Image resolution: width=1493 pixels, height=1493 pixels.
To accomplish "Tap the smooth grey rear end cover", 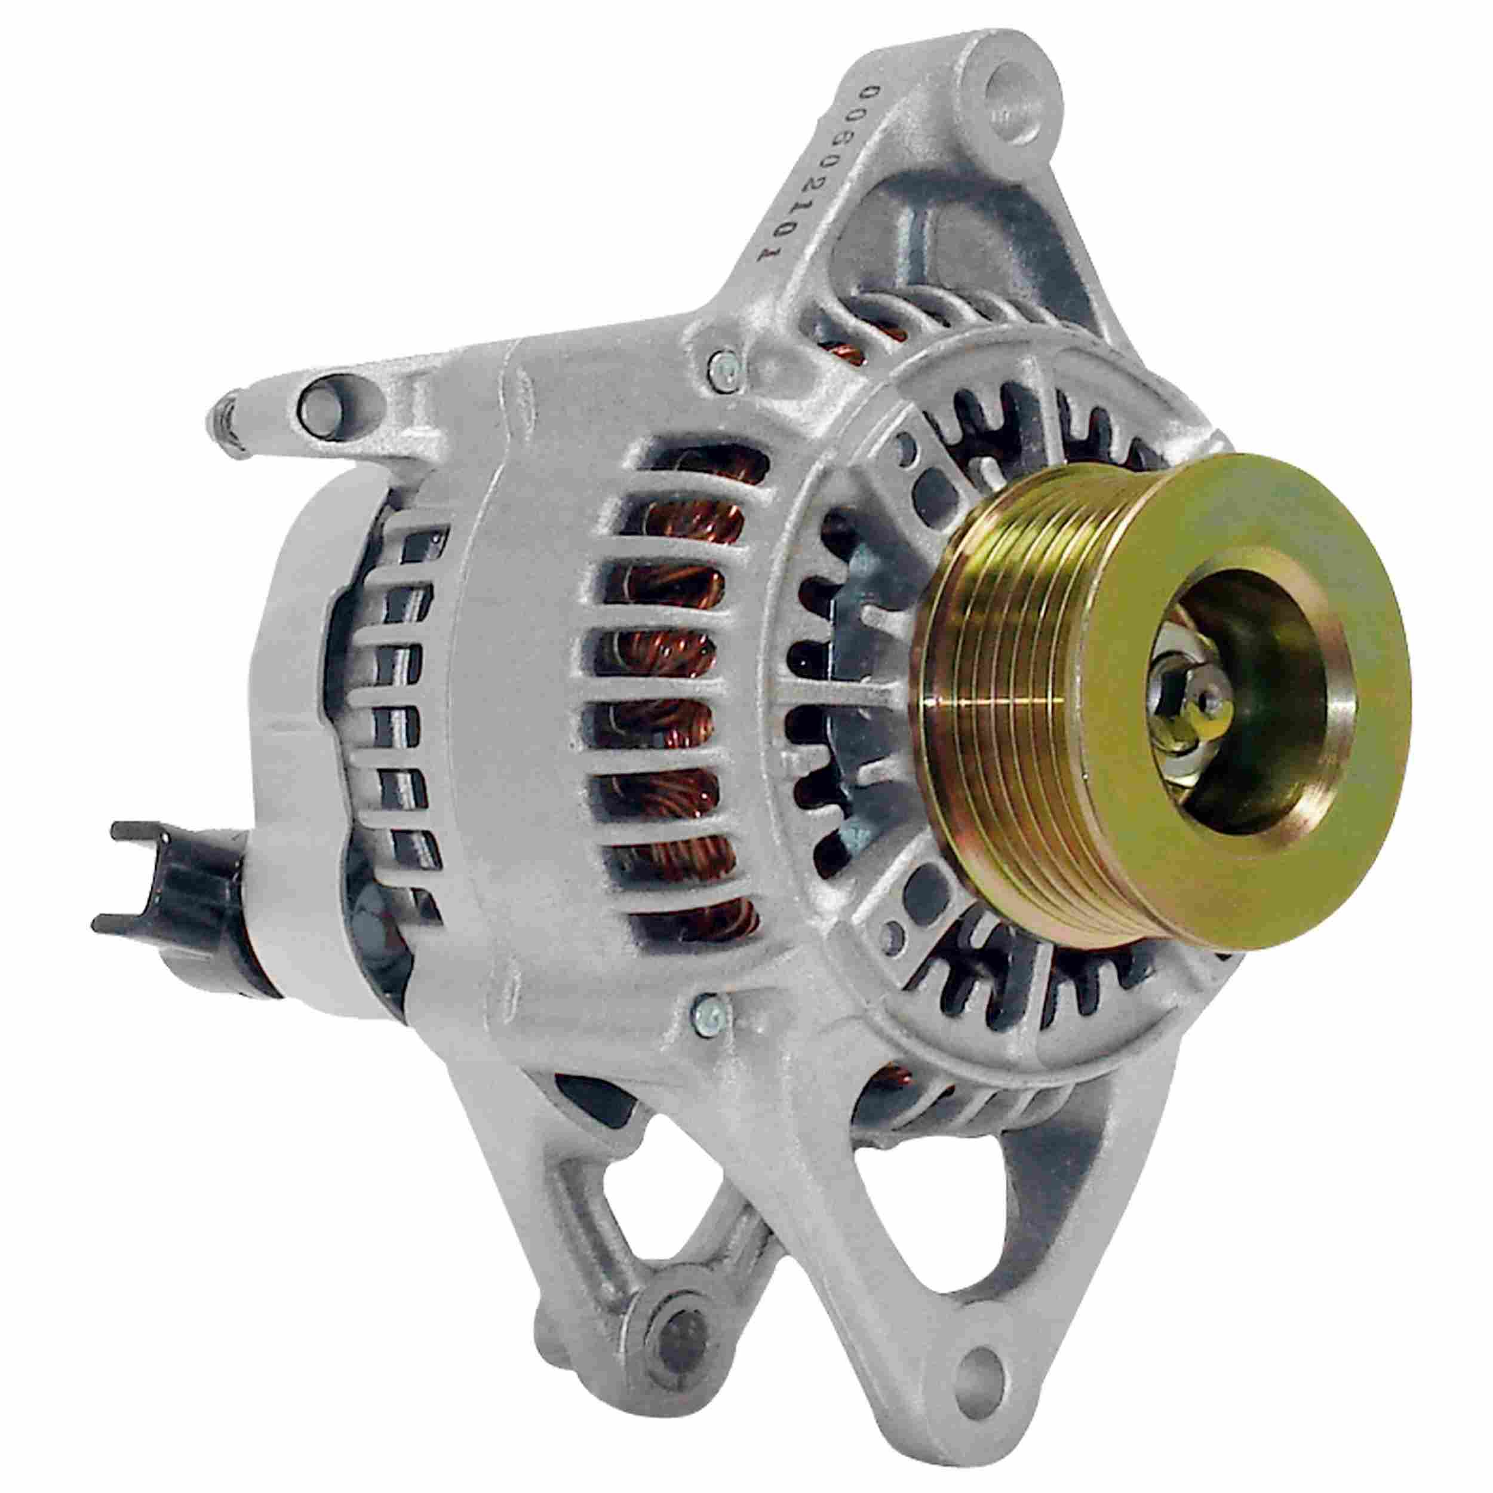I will (309, 696).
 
